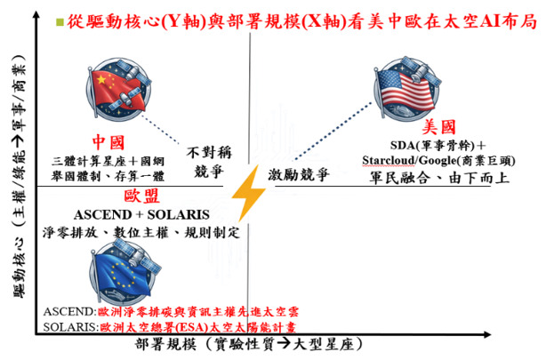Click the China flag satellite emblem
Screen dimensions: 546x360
tap(119, 89)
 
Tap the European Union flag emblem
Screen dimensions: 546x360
tap(124, 272)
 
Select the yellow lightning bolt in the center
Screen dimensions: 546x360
tap(248, 194)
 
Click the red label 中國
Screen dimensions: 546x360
tap(108, 142)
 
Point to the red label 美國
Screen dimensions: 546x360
tap(438, 127)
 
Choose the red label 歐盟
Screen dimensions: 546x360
tap(141, 196)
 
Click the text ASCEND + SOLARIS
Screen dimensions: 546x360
tap(141, 214)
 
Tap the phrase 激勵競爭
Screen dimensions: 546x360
tap(299, 174)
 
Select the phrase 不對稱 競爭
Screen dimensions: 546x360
tap(209, 163)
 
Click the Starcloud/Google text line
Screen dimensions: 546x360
tap(438, 161)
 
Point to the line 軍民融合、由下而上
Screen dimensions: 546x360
tap(439, 178)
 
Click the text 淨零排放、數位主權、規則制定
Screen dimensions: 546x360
tap(141, 232)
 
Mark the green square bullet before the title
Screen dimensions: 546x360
tap(60, 22)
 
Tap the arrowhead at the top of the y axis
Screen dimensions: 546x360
tap(36, 14)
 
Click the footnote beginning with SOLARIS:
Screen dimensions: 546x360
tap(170, 327)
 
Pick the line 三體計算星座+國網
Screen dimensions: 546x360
tap(108, 161)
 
